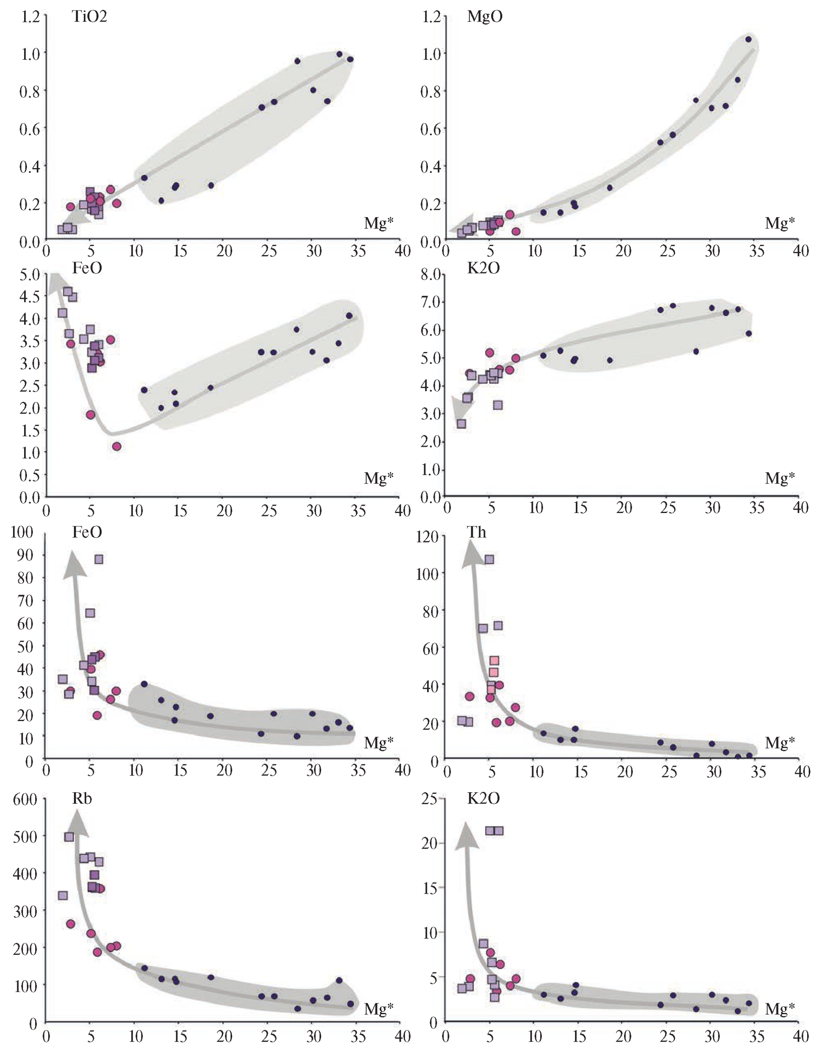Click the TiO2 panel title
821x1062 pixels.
click(89, 16)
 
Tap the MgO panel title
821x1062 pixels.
click(485, 16)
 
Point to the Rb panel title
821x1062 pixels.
click(82, 798)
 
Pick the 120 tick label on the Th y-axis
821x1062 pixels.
click(427, 537)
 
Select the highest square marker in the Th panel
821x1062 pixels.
click(489, 560)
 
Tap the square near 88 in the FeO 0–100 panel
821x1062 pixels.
click(98, 559)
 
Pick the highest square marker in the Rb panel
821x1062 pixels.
click(69, 837)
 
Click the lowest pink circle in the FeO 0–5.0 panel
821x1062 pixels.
click(116, 446)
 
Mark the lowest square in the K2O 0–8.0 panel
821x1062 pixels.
click(461, 423)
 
